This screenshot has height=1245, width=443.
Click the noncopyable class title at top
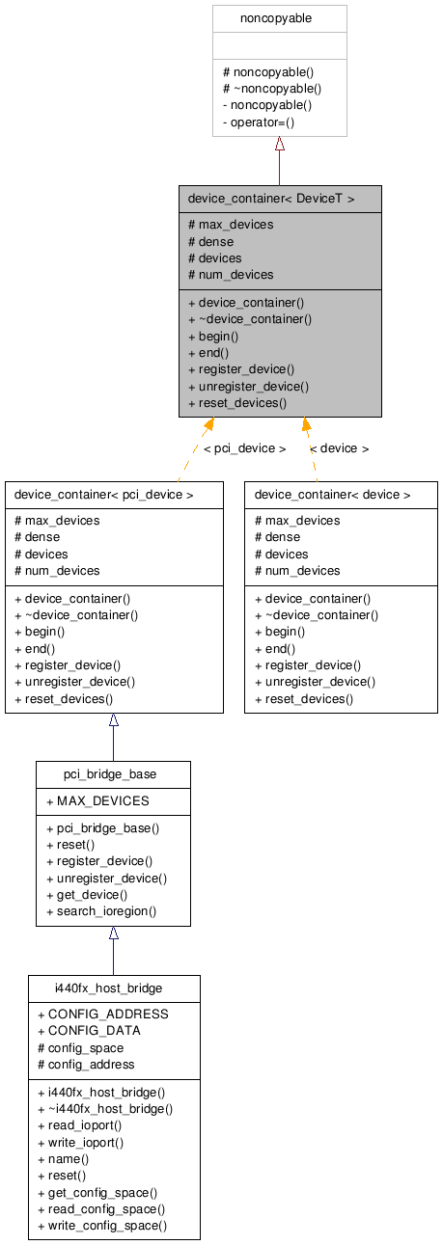pos(279,18)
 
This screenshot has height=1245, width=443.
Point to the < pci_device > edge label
pos(244,448)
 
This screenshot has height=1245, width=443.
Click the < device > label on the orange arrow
pos(339,448)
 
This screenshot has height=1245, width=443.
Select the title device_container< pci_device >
pos(104,495)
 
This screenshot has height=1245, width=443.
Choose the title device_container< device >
pos(332,495)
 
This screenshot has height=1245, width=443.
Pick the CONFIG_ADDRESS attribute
pos(102,1014)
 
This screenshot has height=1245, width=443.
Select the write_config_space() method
pos(102,1225)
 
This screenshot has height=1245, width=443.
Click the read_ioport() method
pos(80,1124)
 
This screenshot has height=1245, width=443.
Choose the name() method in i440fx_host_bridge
pos(63,1158)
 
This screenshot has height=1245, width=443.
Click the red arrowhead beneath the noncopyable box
pos(280,144)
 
